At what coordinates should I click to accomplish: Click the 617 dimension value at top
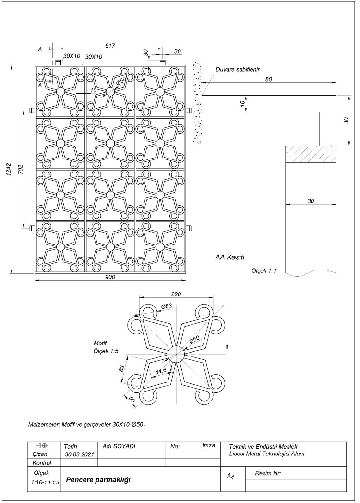110,45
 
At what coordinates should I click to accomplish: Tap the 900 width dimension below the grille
110,277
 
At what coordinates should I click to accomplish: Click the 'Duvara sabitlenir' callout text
237,69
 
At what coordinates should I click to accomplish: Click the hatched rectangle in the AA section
311,154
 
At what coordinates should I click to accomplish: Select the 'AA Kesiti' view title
230,258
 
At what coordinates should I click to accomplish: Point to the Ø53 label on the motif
167,306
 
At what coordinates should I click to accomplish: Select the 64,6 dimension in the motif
161,370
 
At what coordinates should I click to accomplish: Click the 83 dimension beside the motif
122,368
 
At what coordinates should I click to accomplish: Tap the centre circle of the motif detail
176,354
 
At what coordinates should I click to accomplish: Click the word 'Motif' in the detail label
100,344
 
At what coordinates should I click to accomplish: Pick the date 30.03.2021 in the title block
79,454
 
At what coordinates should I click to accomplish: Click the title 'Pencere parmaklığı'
98,479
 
